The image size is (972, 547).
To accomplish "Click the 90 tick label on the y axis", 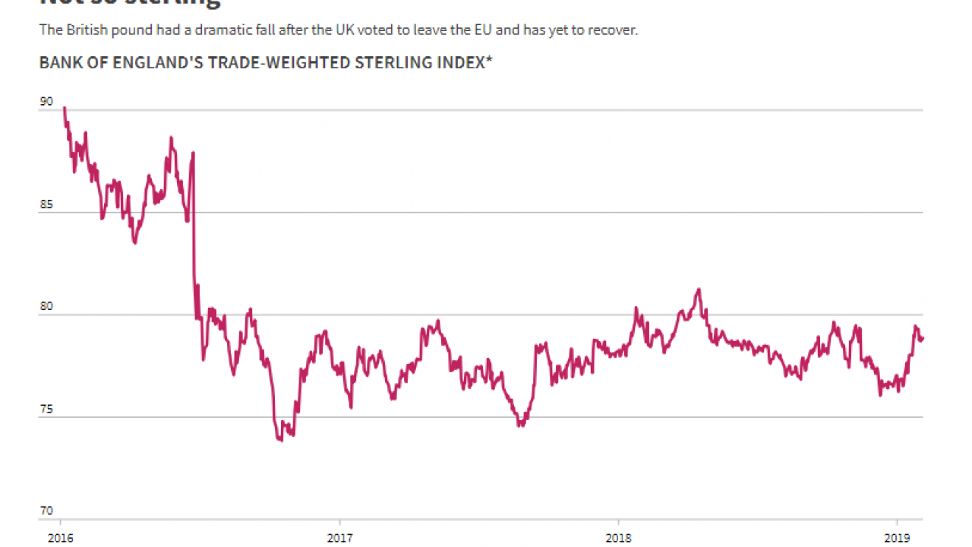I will (x=46, y=102).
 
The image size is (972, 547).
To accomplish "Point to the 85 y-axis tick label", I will (x=46, y=204).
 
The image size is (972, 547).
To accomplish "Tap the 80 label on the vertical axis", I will (x=46, y=307).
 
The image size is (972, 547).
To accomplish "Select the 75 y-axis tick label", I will (x=46, y=409).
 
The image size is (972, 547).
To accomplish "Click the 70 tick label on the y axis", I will (x=46, y=511).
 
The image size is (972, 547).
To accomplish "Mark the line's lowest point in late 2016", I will (x=281, y=440).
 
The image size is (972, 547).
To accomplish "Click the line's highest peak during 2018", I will (x=699, y=289).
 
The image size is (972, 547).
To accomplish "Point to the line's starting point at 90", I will (x=64, y=108).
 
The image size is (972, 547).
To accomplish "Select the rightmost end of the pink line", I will (x=923, y=338).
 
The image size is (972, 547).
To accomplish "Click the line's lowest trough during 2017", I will (x=520, y=425).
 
